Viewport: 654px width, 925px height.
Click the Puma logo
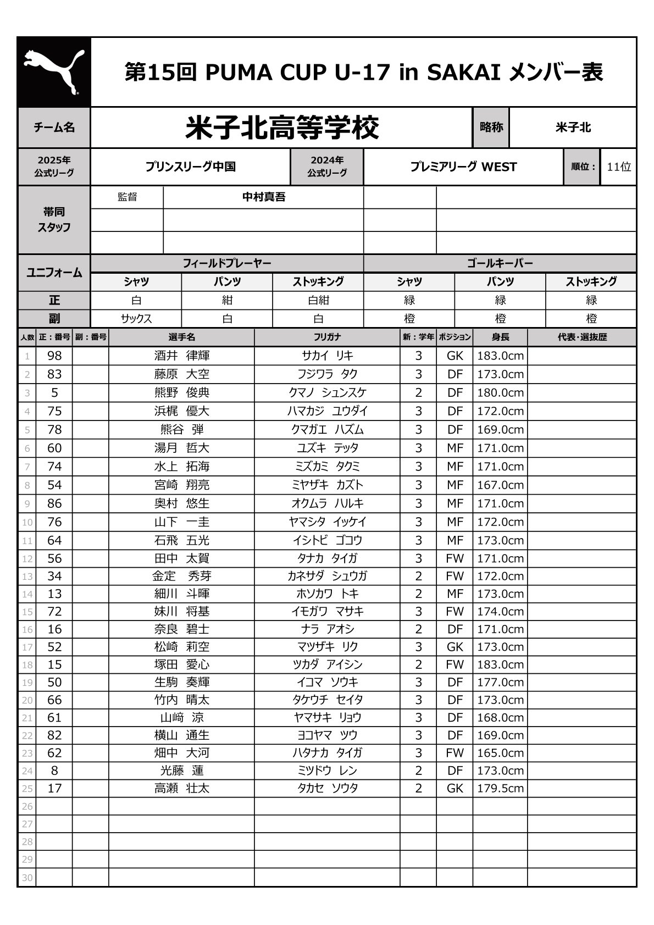54,72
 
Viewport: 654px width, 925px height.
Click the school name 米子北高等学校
282,128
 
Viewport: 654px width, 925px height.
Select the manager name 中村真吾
264,197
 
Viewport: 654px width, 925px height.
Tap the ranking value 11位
619,167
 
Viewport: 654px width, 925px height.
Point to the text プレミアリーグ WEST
463,167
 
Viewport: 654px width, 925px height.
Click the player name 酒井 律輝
181,356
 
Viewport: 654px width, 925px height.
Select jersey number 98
54,356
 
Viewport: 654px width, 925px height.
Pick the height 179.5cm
500,789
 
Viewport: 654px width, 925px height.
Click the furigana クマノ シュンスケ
327,393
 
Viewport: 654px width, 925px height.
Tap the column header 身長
500,337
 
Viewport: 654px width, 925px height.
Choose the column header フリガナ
327,337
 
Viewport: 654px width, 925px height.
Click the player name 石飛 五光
181,541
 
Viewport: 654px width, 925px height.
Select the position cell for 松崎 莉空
455,647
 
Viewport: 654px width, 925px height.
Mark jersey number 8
54,771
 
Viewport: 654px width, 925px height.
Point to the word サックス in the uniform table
136,319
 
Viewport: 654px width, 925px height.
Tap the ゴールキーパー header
500,264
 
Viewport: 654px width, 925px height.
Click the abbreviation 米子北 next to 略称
573,128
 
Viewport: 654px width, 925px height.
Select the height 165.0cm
500,754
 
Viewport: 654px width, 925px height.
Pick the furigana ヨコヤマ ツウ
327,736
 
